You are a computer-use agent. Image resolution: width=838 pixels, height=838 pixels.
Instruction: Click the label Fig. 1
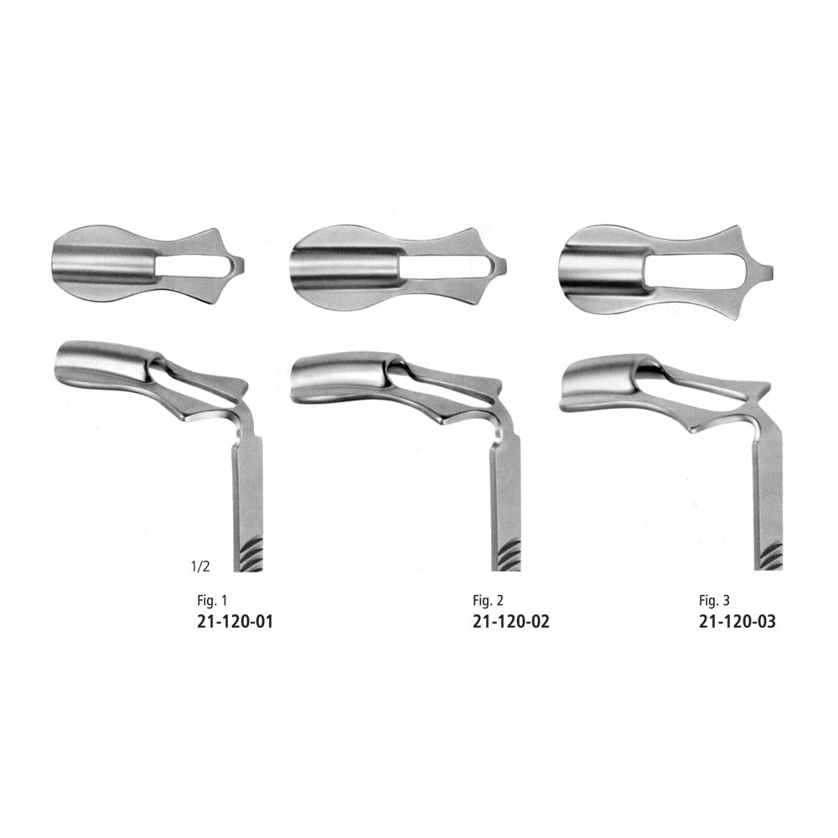click(x=212, y=600)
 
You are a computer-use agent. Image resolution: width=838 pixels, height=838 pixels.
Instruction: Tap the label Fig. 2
click(x=488, y=600)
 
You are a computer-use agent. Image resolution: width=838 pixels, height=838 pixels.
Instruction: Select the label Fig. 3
click(x=714, y=600)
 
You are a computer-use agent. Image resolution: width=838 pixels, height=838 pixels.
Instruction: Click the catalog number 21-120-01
click(x=235, y=622)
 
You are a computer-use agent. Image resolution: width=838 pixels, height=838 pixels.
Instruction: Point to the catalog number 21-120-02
click(x=511, y=622)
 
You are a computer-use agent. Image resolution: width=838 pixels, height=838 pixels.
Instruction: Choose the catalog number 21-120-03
click(x=737, y=622)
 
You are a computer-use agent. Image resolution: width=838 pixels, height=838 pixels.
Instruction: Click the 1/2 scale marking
click(x=200, y=566)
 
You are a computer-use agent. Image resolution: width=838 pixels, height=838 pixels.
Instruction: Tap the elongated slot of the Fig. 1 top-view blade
click(x=194, y=266)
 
